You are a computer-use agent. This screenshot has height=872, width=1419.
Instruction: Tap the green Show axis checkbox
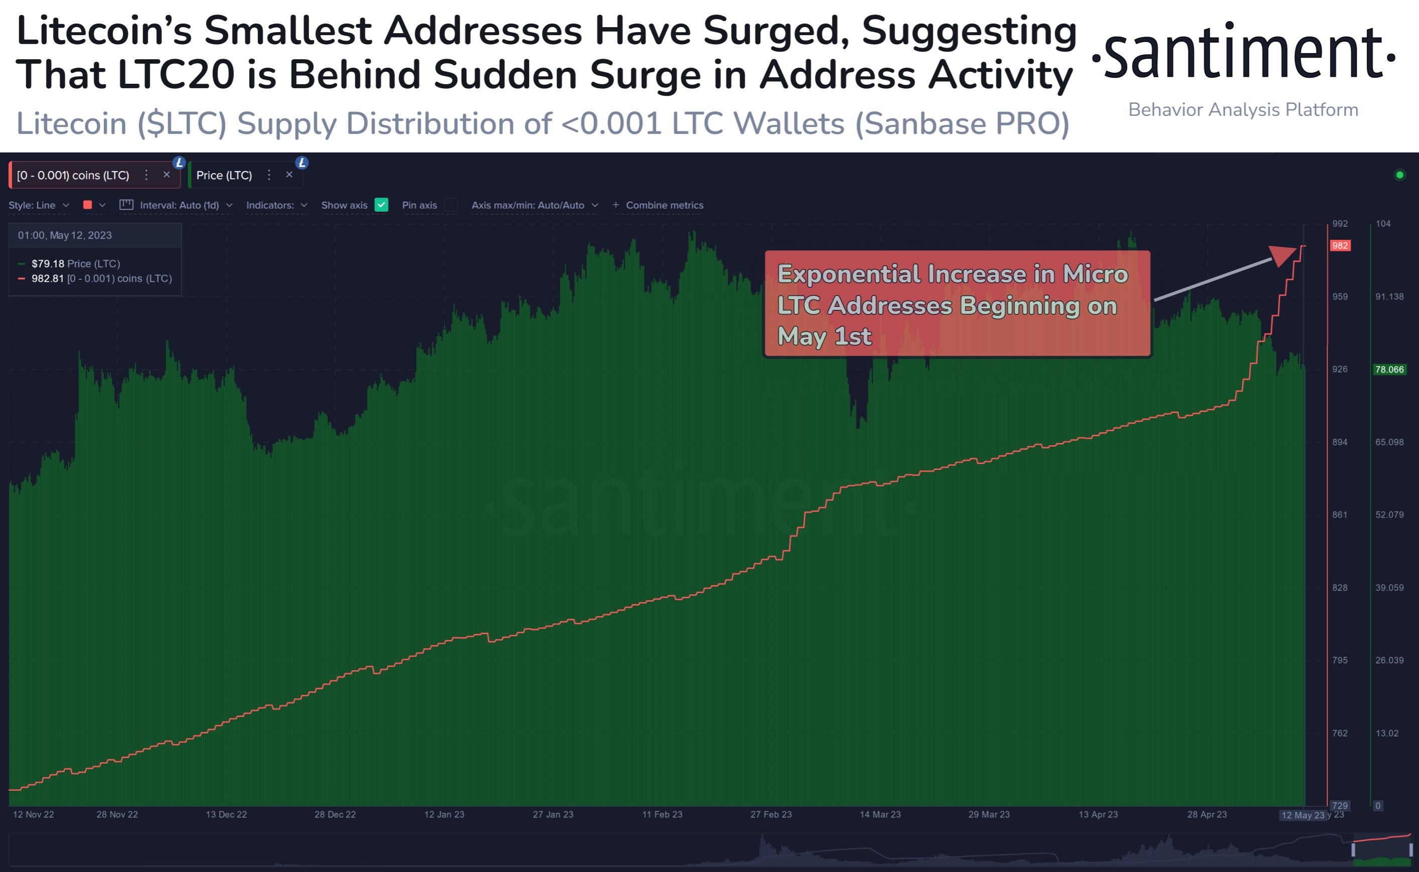point(381,205)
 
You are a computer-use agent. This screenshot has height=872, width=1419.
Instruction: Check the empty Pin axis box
point(451,205)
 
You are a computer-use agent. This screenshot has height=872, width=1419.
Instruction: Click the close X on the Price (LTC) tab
point(289,175)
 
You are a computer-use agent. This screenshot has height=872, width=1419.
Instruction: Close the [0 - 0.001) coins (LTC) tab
point(166,175)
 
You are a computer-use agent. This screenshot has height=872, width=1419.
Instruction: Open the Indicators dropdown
point(276,205)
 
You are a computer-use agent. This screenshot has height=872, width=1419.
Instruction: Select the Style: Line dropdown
point(39,205)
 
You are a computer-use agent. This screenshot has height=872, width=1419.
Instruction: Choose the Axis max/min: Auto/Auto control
point(534,205)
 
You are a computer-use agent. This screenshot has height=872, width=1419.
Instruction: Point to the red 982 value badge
point(1340,246)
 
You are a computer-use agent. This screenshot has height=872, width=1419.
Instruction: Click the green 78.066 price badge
point(1389,369)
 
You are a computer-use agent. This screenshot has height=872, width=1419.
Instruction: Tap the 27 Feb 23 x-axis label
point(771,814)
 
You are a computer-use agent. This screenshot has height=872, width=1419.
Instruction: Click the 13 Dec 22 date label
point(226,814)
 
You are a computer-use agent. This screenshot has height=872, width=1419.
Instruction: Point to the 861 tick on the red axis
point(1339,514)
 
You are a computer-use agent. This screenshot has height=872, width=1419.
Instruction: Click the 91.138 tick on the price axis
point(1389,296)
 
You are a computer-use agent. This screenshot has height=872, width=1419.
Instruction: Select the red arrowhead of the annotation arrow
point(1285,254)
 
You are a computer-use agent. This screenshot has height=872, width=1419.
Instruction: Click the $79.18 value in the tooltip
point(48,264)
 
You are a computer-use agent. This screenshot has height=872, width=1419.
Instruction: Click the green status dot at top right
point(1399,175)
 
